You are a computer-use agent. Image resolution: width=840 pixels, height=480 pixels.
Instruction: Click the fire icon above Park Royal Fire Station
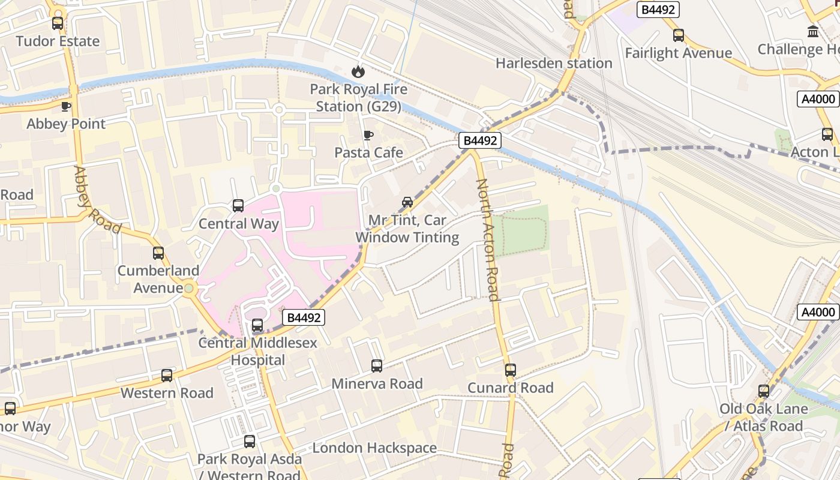pyautogui.click(x=358, y=72)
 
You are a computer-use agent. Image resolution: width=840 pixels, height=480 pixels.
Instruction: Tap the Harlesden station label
pyautogui.click(x=554, y=63)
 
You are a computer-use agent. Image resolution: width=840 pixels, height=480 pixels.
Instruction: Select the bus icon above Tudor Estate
pyautogui.click(x=58, y=23)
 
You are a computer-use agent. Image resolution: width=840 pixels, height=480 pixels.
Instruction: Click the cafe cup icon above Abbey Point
pyautogui.click(x=66, y=106)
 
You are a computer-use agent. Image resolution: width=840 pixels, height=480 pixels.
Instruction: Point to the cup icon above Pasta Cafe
pyautogui.click(x=368, y=135)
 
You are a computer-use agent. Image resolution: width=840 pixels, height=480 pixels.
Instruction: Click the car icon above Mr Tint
pyautogui.click(x=407, y=202)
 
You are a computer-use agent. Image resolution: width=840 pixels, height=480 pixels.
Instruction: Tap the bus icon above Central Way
pyautogui.click(x=238, y=206)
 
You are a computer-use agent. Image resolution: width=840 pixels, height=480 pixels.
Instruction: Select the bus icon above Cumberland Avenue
pyautogui.click(x=158, y=253)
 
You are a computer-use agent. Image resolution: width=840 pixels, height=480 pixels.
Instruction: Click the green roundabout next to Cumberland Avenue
pyautogui.click(x=190, y=289)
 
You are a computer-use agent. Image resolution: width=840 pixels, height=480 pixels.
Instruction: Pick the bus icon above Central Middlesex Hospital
pyautogui.click(x=257, y=325)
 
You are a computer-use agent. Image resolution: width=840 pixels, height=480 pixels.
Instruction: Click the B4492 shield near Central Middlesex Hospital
pyautogui.click(x=303, y=317)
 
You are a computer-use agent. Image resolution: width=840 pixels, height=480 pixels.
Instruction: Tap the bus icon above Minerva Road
pyautogui.click(x=377, y=365)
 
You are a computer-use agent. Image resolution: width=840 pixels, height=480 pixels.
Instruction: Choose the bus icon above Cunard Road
pyautogui.click(x=511, y=370)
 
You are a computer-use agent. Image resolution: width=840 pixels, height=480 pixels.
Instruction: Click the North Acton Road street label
pyautogui.click(x=487, y=239)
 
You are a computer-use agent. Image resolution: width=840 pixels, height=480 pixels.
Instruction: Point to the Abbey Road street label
pyautogui.click(x=97, y=200)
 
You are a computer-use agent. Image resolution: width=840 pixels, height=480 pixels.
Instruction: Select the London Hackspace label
pyautogui.click(x=374, y=448)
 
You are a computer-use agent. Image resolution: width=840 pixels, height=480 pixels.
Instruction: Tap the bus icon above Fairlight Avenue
pyautogui.click(x=679, y=35)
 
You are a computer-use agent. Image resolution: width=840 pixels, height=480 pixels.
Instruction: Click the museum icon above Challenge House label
pyautogui.click(x=814, y=31)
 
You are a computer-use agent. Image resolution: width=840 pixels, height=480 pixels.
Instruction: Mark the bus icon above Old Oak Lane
pyautogui.click(x=764, y=391)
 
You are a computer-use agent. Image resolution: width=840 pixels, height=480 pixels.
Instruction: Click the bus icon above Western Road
pyautogui.click(x=167, y=376)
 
